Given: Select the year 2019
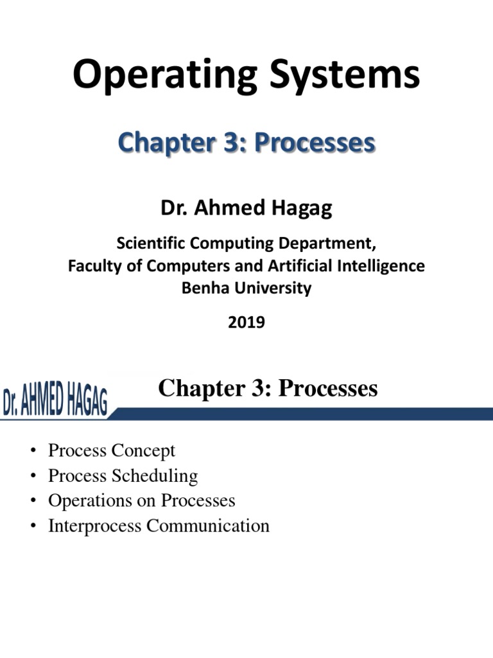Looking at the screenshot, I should pyautogui.click(x=246, y=323).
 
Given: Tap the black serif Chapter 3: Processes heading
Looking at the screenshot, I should pyautogui.click(x=268, y=388).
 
